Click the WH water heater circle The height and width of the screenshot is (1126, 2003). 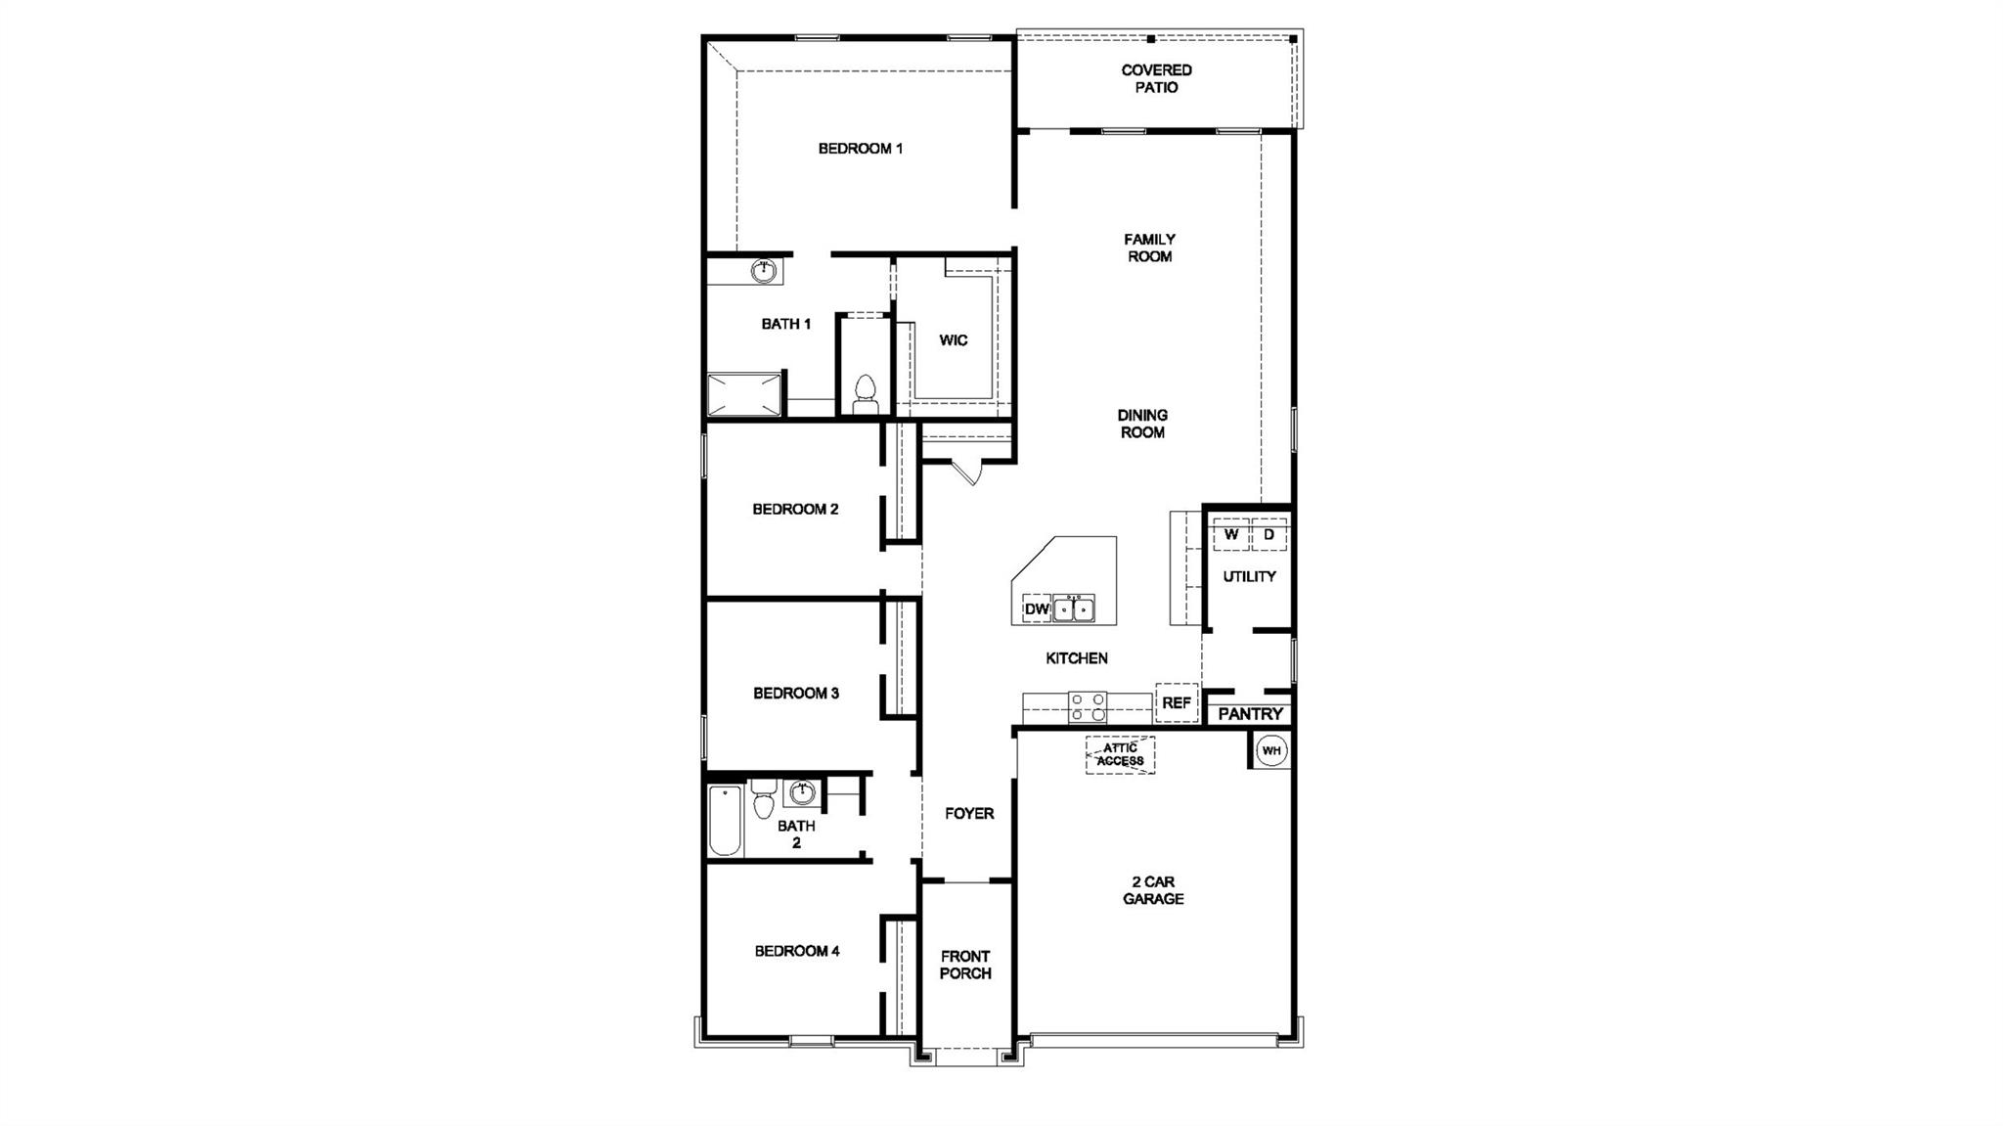click(x=1270, y=751)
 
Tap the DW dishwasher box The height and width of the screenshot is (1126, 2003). click(x=1037, y=609)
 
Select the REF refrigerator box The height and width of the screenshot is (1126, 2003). click(x=1177, y=702)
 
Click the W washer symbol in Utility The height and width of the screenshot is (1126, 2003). click(x=1231, y=535)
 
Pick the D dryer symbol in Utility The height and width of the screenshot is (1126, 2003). click(x=1269, y=535)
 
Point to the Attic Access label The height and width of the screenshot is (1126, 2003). click(x=1120, y=754)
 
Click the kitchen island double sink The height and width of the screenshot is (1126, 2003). click(x=1074, y=608)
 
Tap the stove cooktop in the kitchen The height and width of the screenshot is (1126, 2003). click(x=1088, y=706)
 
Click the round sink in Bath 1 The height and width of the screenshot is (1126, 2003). click(x=764, y=270)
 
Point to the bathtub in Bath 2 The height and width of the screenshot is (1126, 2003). click(x=725, y=820)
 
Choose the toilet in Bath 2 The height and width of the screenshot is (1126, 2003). click(x=764, y=799)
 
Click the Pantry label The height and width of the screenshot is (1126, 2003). click(x=1250, y=714)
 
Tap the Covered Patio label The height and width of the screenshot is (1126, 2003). click(x=1156, y=78)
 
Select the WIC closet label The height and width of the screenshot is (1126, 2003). click(x=954, y=340)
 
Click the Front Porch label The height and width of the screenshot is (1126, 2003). click(x=965, y=965)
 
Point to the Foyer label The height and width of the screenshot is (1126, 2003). click(x=969, y=814)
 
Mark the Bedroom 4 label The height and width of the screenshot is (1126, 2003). click(x=797, y=951)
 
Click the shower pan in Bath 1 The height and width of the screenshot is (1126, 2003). click(x=744, y=394)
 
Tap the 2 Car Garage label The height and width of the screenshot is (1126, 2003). click(x=1153, y=890)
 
